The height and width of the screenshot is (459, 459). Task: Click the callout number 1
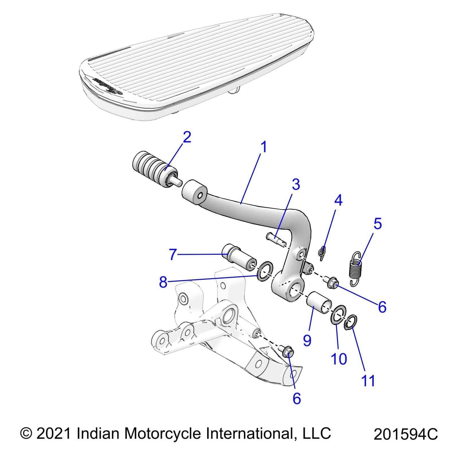[264, 147]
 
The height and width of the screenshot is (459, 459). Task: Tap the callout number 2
[187, 138]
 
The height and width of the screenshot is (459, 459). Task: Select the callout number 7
[172, 254]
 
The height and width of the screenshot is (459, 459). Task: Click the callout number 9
[307, 340]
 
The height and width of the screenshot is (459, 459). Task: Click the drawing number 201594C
[406, 435]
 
